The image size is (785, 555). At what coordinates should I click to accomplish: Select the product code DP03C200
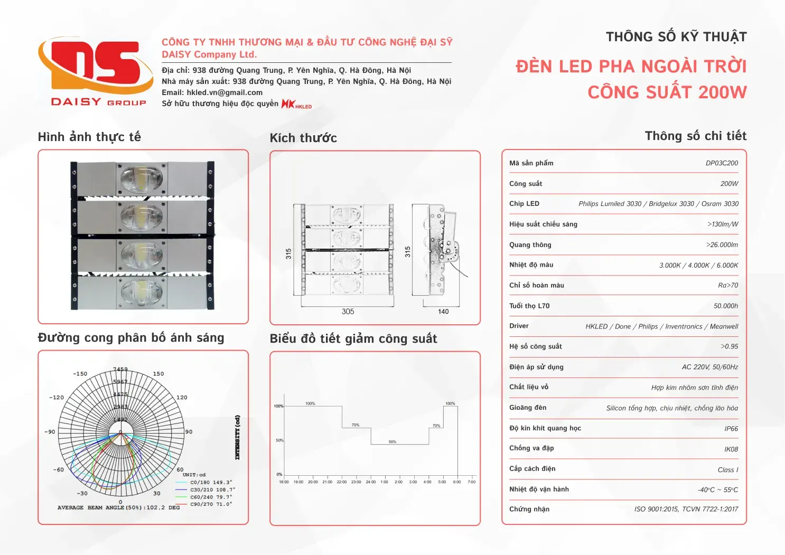point(722,163)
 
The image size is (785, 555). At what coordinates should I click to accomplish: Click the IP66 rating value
point(731,429)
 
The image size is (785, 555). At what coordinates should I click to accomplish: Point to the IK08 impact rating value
point(731,449)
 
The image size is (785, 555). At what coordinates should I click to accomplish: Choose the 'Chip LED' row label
point(524,204)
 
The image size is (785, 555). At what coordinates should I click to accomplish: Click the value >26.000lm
point(722,245)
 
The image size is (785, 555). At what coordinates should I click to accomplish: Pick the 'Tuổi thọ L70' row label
point(529,306)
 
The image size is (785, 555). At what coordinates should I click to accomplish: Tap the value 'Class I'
point(727,470)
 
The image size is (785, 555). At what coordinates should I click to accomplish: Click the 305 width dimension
point(348,312)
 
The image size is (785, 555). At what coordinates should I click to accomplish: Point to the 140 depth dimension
point(443,312)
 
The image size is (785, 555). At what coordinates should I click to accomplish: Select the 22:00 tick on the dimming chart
point(342,482)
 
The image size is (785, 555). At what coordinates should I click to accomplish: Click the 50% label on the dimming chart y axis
point(279,440)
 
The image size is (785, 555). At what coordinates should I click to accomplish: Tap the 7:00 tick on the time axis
point(472,482)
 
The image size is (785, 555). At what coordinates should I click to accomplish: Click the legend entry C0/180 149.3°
point(211,482)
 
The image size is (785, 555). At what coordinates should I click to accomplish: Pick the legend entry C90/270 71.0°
point(211,504)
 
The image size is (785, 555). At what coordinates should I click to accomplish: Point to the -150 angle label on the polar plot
point(80,374)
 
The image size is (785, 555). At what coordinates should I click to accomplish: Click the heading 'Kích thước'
point(303,138)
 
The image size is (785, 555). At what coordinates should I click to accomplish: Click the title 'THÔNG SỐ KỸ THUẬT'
point(676,37)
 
